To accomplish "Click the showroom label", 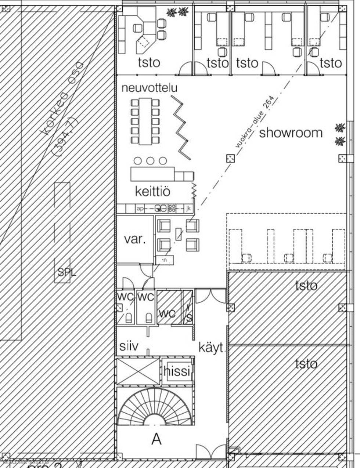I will point(291,133).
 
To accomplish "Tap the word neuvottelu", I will point(150,88).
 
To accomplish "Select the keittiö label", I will point(152,191).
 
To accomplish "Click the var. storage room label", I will point(135,240).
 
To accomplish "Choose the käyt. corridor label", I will point(211,347).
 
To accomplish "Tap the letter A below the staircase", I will point(157,439).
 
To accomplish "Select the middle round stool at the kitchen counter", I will point(150,160).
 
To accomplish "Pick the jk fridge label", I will point(188,208).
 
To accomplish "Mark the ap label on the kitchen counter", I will point(140,208).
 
